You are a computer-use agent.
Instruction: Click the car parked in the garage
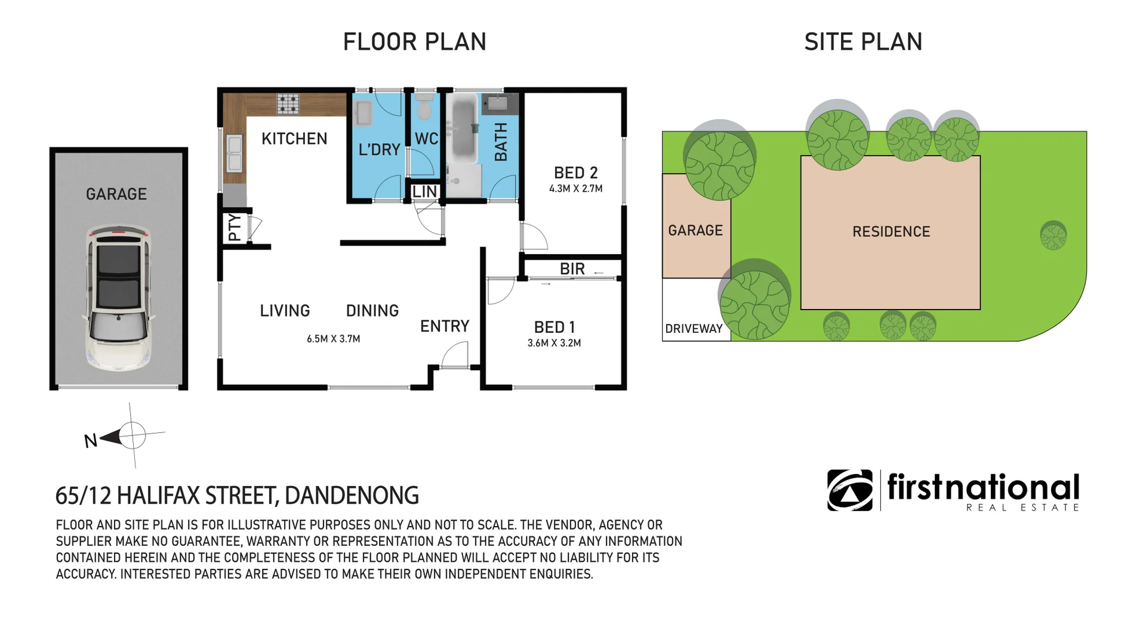coord(119,297)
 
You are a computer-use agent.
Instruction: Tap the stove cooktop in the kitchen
coord(288,104)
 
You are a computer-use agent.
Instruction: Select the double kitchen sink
coord(235,153)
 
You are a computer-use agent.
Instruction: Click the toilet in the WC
coord(424,108)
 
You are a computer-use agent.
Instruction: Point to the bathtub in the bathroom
coord(463,129)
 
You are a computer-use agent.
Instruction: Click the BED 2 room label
coord(575,173)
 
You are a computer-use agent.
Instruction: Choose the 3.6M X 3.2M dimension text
coord(554,343)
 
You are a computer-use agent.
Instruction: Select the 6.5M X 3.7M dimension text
coord(333,339)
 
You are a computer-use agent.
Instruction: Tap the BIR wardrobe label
coord(572,269)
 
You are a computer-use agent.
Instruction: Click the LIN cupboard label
coord(425,192)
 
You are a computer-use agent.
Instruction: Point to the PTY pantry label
coord(235,227)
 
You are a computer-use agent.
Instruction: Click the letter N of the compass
coord(91,441)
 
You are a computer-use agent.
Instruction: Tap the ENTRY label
coord(445,326)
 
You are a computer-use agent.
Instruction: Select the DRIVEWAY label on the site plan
coord(694,329)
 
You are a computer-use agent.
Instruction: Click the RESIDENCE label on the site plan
coord(891,232)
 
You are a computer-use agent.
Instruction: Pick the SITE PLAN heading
coord(863,42)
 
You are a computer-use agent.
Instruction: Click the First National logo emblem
coord(850,490)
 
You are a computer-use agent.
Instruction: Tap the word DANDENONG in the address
coord(352,496)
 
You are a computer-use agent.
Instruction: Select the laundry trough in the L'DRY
coord(363,113)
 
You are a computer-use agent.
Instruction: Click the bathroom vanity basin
coord(495,103)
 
